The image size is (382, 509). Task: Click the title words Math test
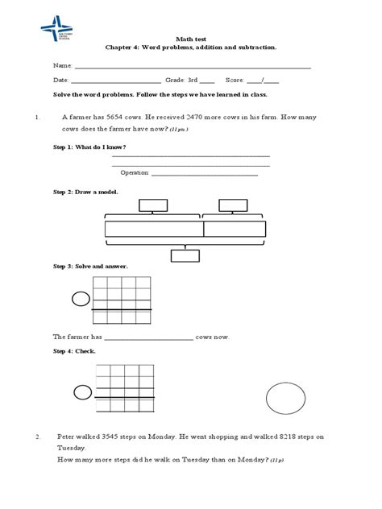click(191, 39)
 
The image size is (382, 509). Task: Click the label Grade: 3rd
click(181, 81)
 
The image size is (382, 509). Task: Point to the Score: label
click(235, 81)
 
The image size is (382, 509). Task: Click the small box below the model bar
click(185, 256)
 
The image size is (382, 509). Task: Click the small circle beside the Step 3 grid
click(81, 300)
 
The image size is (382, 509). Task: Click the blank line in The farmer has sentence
click(148, 338)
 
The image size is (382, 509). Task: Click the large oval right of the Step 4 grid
click(286, 399)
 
